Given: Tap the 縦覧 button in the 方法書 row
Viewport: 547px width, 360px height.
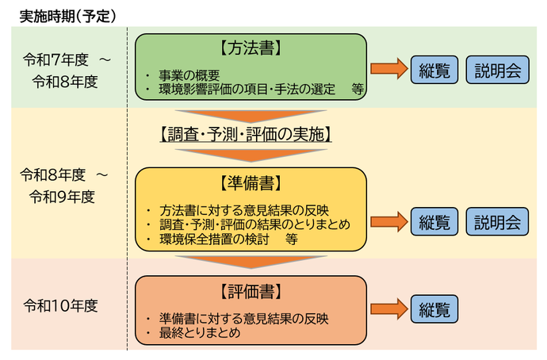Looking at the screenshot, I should coord(434,70).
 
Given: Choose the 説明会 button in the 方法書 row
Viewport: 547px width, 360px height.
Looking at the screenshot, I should coord(498,70).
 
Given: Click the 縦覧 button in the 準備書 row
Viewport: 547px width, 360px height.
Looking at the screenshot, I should coord(434,221).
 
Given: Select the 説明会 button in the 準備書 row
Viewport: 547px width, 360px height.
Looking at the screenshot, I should coord(498,221).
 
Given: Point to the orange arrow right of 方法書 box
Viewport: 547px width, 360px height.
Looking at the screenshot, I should coord(388,70).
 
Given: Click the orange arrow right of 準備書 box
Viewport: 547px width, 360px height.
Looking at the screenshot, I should coord(388,221).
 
